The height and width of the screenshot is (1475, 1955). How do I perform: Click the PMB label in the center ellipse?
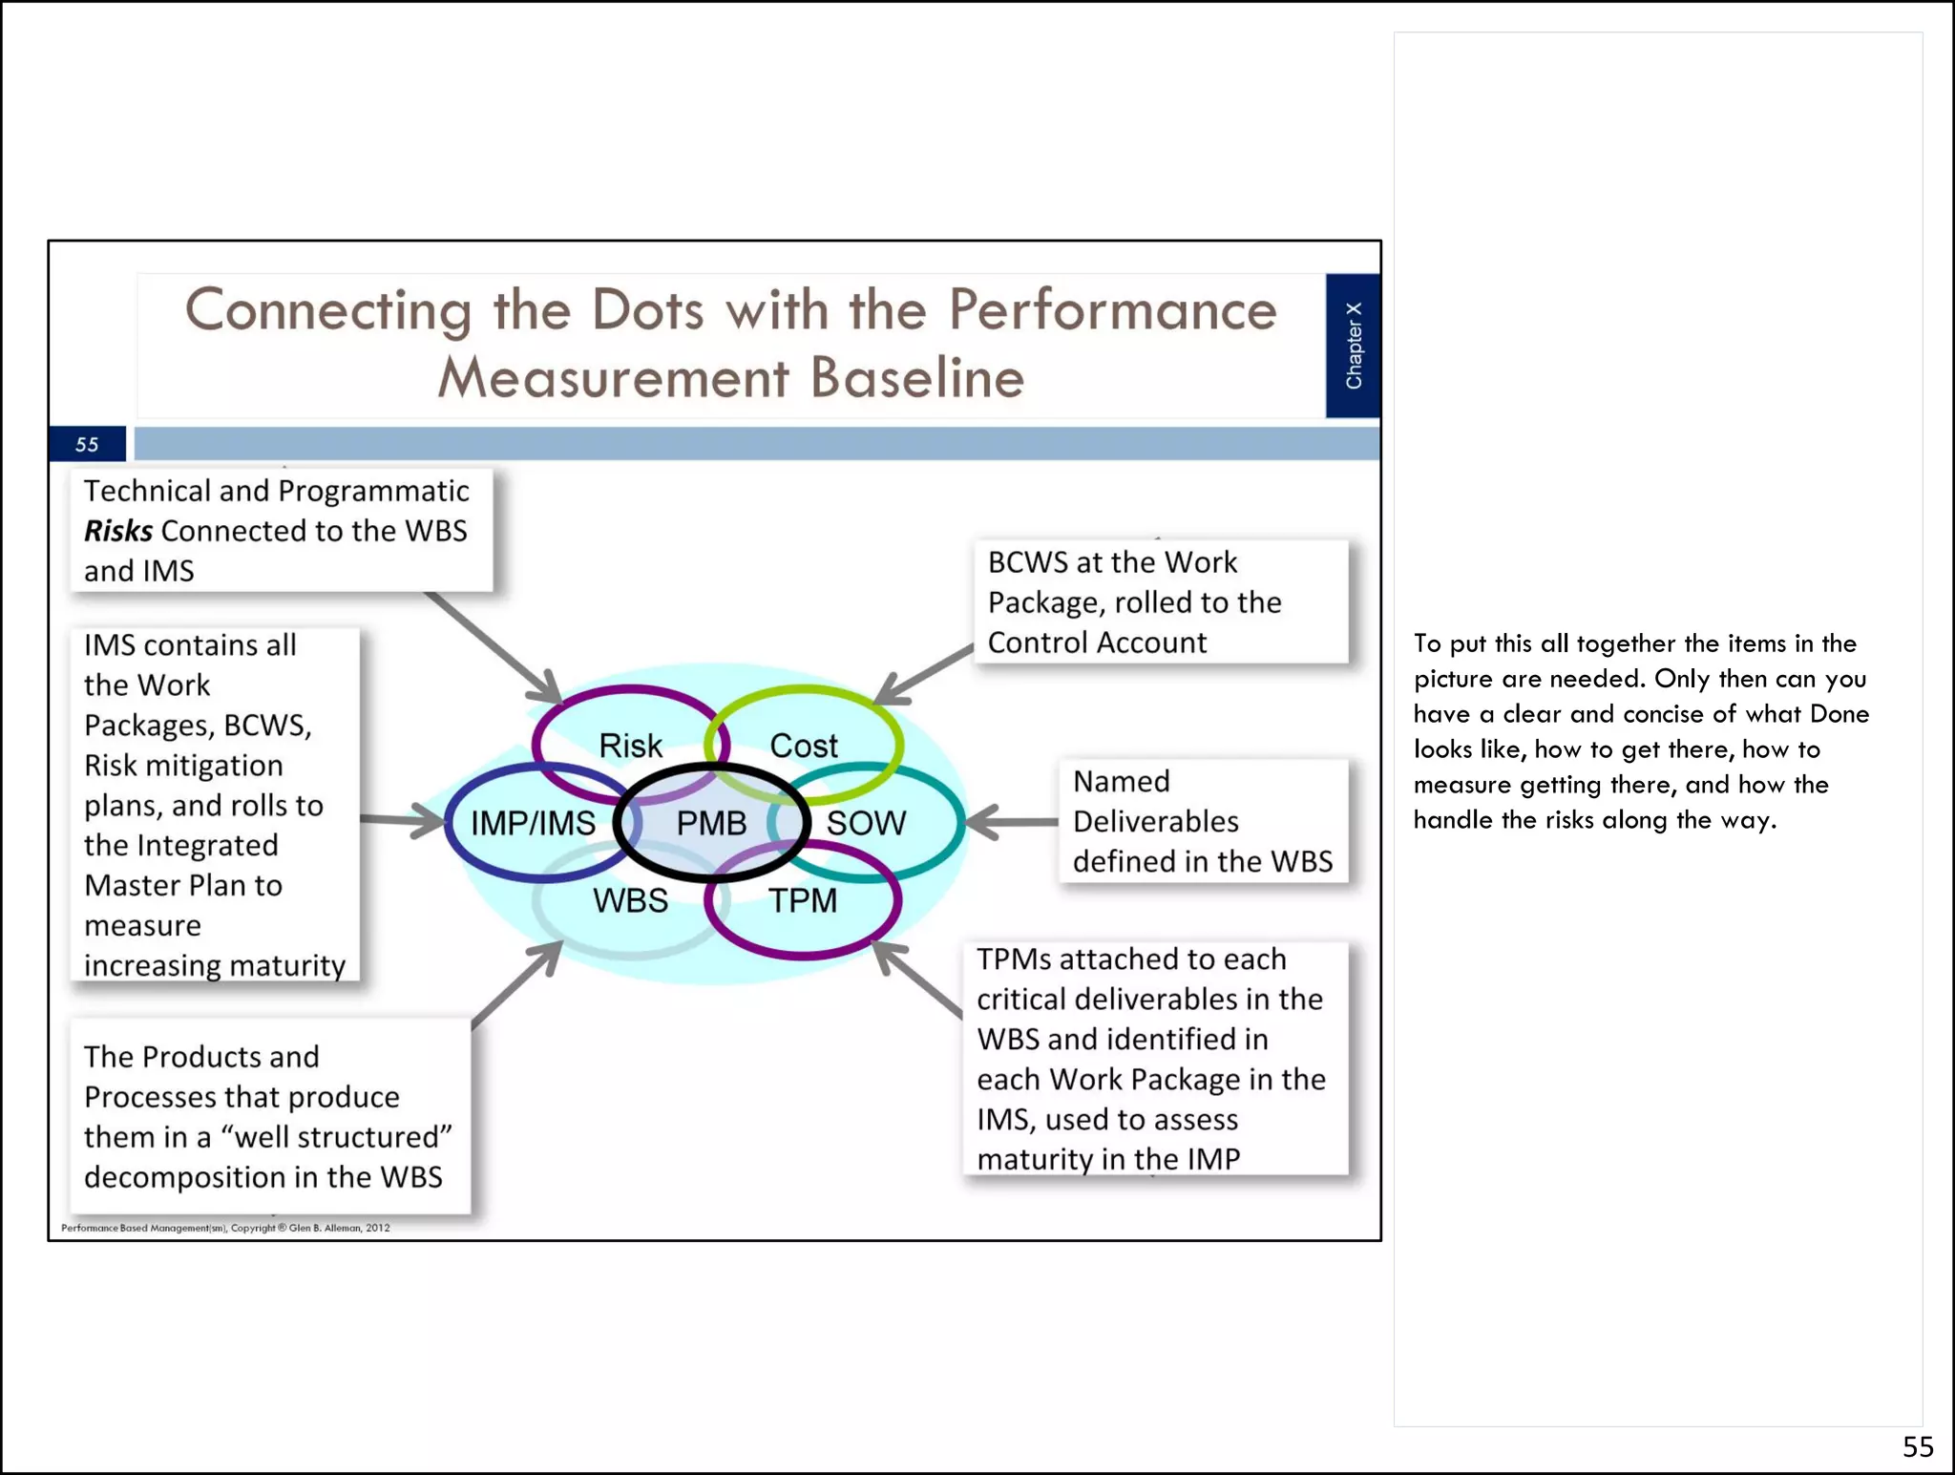711,823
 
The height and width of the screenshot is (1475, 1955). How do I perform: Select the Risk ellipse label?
630,746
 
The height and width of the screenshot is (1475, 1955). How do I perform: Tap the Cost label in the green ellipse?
804,746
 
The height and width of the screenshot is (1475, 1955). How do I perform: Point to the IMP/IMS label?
533,823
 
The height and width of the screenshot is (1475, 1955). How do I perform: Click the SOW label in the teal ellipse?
866,823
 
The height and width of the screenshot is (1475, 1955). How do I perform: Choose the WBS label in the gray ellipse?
630,900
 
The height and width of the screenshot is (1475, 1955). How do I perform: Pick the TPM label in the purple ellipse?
803,900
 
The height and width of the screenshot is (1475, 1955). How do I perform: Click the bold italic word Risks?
118,531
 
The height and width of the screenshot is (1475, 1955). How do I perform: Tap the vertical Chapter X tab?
1353,346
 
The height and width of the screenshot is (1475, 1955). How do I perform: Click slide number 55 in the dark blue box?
87,445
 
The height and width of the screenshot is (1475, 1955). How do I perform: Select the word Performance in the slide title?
1112,310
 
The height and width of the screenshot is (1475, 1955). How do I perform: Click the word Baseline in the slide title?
917,378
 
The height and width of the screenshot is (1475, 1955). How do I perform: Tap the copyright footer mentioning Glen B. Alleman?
225,1228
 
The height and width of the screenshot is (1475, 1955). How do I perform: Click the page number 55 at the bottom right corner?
1917,1447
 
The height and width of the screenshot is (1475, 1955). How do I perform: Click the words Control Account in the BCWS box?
1097,643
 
